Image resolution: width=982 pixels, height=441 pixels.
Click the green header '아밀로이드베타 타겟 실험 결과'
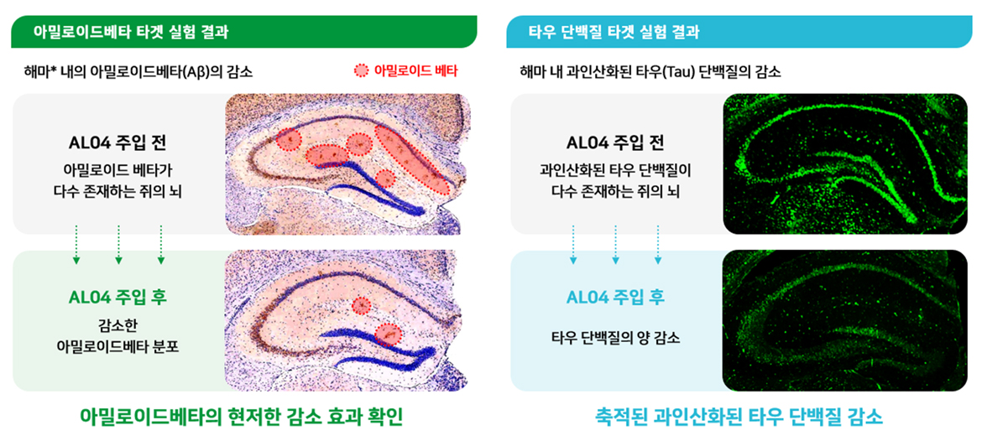click(131, 32)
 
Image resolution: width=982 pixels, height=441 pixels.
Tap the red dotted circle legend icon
click(362, 70)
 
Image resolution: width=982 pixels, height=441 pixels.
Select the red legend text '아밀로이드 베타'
click(415, 70)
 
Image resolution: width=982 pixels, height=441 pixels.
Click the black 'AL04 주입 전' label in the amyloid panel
click(118, 143)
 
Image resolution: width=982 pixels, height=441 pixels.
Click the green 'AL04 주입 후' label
click(118, 297)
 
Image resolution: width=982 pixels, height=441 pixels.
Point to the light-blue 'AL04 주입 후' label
click(615, 297)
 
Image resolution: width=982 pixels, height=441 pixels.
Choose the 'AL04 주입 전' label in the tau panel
click(615, 143)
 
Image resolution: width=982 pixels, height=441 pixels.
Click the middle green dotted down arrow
click(118, 244)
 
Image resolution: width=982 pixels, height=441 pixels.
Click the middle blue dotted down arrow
click(615, 244)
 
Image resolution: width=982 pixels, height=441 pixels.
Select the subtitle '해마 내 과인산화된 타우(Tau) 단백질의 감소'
click(650, 71)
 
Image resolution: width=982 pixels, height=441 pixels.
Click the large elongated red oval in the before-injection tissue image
click(412, 158)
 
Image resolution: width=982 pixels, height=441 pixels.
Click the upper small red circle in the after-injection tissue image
click(362, 304)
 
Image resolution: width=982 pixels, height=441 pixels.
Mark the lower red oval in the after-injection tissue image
click(389, 335)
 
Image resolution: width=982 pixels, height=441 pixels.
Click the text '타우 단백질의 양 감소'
click(615, 339)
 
